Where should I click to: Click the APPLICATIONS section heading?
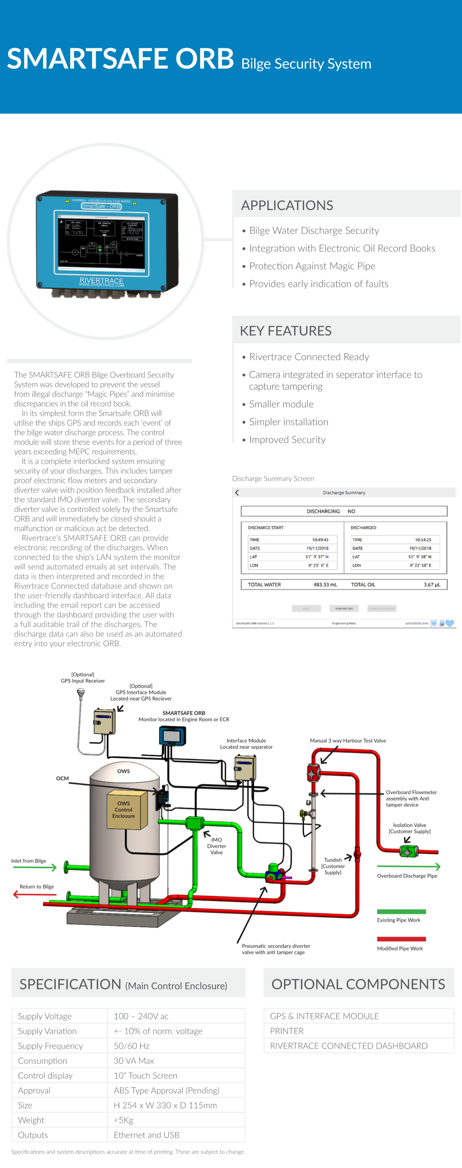(x=287, y=206)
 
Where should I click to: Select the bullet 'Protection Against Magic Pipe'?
(x=312, y=266)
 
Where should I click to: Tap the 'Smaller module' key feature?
(x=281, y=404)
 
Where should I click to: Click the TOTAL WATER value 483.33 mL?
(x=325, y=585)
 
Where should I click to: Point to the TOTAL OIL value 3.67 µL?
(x=432, y=585)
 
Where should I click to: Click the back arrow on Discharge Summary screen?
(x=237, y=493)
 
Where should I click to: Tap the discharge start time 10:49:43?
(x=320, y=540)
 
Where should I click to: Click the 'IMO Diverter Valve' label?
(x=216, y=846)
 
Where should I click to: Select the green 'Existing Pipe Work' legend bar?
(x=401, y=911)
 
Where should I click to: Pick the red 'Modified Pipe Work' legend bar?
(x=401, y=939)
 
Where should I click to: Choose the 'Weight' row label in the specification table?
(x=31, y=1120)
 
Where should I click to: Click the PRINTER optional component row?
(x=287, y=1031)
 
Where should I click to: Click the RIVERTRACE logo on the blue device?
(x=101, y=281)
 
